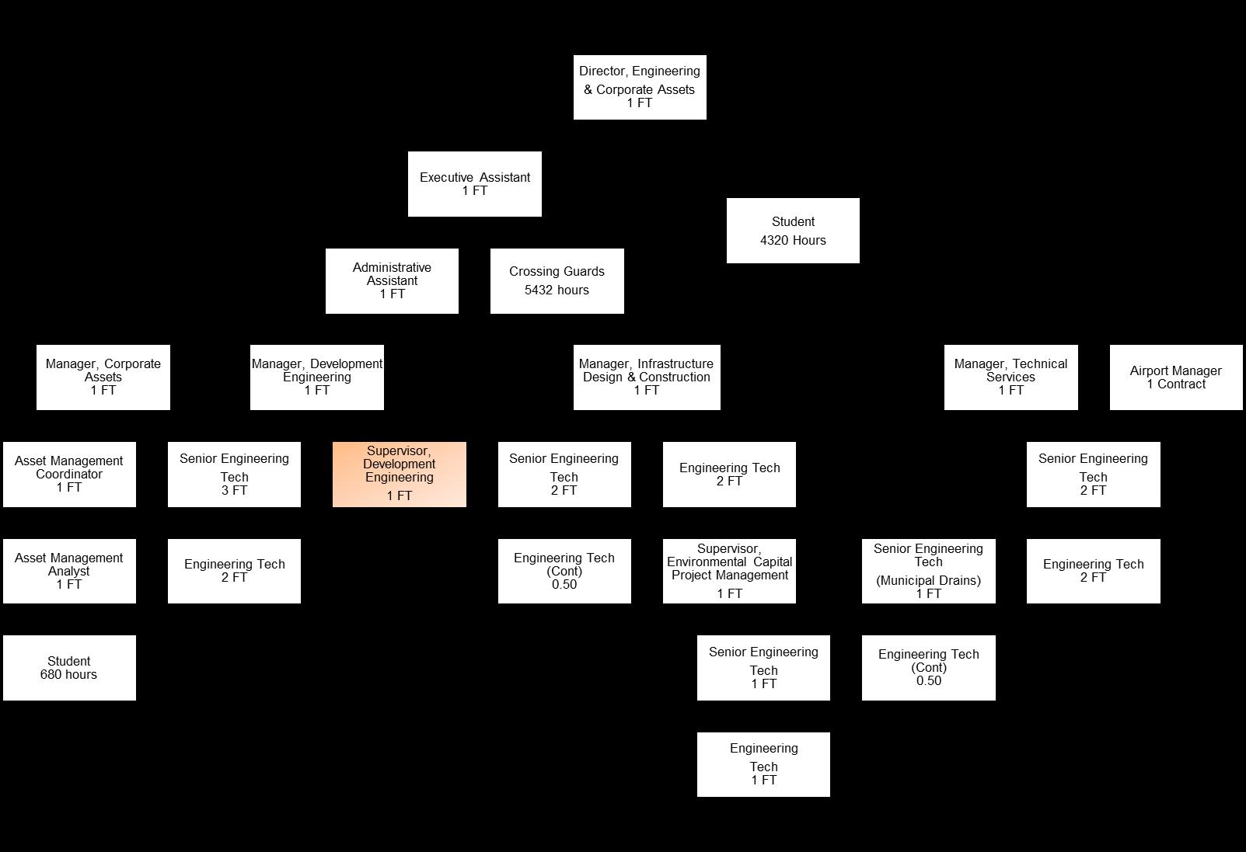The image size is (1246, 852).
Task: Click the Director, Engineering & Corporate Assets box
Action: pyautogui.click(x=639, y=87)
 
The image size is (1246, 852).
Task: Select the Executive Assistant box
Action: pyautogui.click(x=474, y=183)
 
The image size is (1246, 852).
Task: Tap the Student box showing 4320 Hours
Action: pyautogui.click(x=793, y=231)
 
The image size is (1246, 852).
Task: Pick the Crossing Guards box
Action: pyautogui.click(x=557, y=280)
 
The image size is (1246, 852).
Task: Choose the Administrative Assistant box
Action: pyautogui.click(x=392, y=280)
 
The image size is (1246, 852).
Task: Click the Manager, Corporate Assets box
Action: pyautogui.click(x=103, y=377)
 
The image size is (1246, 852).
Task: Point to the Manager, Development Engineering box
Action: pyautogui.click(x=316, y=377)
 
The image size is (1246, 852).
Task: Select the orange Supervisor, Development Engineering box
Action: pyautogui.click(x=399, y=474)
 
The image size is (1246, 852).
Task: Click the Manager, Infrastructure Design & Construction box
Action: pyautogui.click(x=646, y=377)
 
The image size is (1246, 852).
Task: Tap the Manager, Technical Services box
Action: pyautogui.click(x=1010, y=377)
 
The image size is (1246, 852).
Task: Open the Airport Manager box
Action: pyautogui.click(x=1175, y=377)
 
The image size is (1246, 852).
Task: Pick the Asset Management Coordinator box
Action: pyautogui.click(x=69, y=474)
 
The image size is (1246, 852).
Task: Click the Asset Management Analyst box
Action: pyautogui.click(x=69, y=571)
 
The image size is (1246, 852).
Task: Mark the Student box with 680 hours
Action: pyautogui.click(x=69, y=667)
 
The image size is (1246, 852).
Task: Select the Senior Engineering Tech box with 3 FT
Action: pyautogui.click(x=234, y=474)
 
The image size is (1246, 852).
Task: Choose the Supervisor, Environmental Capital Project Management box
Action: pyautogui.click(x=729, y=571)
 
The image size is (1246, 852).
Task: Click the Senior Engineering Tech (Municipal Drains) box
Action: pyautogui.click(x=928, y=571)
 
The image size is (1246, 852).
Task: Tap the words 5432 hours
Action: pyautogui.click(x=557, y=290)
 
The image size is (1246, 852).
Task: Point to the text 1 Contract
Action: pyautogui.click(x=1176, y=384)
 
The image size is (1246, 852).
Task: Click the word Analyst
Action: pyautogui.click(x=69, y=572)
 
